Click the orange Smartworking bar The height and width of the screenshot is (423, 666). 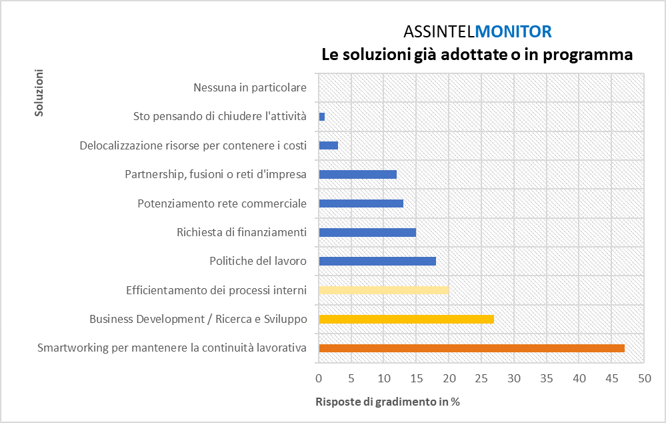coord(471,348)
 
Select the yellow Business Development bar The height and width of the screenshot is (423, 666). coord(406,319)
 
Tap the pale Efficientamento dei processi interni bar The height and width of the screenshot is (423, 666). coord(383,290)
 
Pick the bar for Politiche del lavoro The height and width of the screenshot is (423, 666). coord(377,261)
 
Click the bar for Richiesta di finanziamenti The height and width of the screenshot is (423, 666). coord(367,232)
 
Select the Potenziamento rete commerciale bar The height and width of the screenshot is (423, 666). coord(361,203)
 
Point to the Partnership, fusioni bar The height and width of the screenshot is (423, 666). coord(357,174)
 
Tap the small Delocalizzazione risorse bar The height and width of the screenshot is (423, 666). coord(328,145)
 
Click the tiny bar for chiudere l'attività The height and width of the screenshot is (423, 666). coord(322,117)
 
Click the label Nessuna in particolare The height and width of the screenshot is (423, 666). coord(249,87)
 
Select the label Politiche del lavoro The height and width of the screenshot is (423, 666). coord(257,261)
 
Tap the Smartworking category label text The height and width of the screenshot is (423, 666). coord(171,348)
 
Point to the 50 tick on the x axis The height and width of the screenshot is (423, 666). coord(643,378)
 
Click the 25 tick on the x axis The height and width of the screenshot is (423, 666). coord(481,378)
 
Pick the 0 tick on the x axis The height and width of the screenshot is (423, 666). coord(319,378)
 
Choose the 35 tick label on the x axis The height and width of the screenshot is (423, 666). coord(546,378)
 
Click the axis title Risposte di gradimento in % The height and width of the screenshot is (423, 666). coord(387,402)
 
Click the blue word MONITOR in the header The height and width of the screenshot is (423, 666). coord(514,31)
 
